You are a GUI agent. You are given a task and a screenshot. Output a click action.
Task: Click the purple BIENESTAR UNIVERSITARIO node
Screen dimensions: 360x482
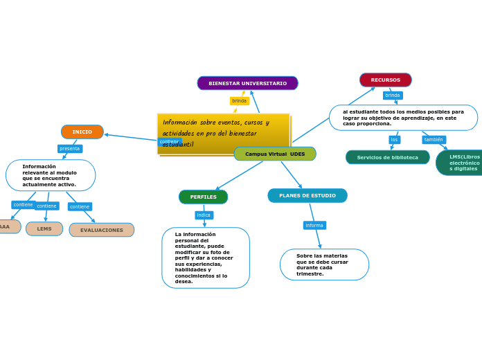click(247, 83)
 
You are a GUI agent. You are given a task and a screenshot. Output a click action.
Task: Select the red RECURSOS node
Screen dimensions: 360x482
click(385, 80)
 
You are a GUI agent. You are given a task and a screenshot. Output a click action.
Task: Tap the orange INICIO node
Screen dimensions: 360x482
click(82, 132)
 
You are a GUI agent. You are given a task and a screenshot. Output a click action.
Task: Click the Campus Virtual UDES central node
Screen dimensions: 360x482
click(275, 154)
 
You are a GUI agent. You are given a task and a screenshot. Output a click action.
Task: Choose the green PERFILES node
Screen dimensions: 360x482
click(203, 197)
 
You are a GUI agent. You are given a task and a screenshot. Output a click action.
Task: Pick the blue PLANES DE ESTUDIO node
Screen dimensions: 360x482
click(307, 196)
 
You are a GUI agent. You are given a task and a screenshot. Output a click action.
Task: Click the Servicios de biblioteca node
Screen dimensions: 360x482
click(387, 157)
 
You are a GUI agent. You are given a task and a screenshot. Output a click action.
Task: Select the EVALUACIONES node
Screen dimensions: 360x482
click(102, 230)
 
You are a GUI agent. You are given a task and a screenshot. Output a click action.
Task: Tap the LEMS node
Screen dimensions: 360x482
click(44, 228)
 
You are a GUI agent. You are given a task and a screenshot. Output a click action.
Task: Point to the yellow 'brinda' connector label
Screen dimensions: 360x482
click(239, 101)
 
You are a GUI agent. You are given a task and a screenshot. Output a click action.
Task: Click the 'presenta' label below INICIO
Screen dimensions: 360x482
click(70, 149)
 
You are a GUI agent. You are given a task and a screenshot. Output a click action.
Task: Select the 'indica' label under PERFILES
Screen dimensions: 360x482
click(204, 215)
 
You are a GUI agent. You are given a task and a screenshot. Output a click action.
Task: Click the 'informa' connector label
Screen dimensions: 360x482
click(314, 225)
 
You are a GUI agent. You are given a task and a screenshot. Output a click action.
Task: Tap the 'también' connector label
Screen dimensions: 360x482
click(434, 140)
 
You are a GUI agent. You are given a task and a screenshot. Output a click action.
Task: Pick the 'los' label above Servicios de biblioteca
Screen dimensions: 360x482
click(394, 140)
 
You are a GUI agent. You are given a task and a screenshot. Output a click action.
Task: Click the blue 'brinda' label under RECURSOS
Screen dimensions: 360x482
click(393, 96)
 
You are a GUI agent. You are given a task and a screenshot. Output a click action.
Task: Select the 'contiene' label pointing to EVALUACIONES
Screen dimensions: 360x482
click(80, 206)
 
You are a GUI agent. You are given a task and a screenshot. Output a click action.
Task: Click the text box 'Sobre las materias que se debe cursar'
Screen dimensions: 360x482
click(324, 264)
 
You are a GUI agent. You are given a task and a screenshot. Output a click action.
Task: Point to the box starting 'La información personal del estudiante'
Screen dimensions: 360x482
click(206, 258)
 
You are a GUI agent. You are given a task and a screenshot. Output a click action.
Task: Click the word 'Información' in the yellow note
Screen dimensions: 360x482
click(180, 123)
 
